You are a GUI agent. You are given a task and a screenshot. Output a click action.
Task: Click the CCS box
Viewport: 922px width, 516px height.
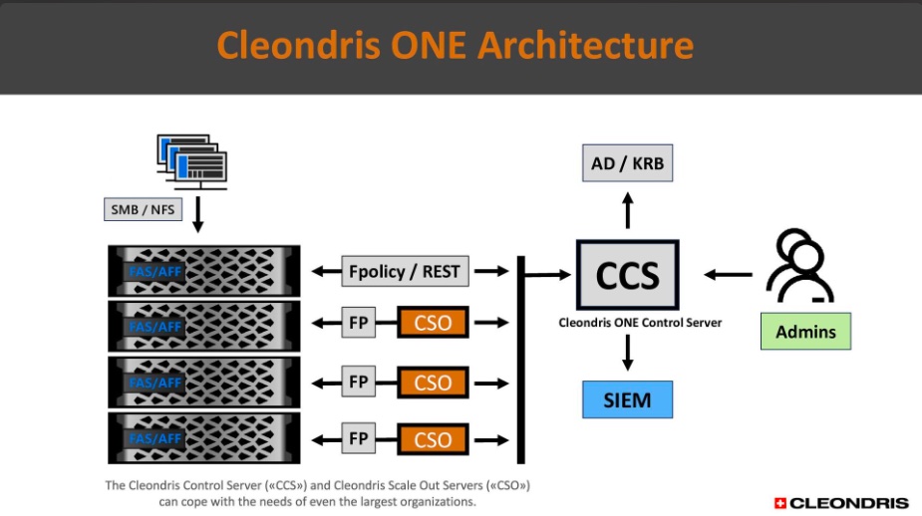(x=627, y=275)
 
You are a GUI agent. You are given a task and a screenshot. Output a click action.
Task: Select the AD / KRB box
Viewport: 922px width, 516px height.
(x=627, y=162)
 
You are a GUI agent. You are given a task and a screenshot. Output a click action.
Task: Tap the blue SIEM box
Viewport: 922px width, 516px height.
(x=627, y=399)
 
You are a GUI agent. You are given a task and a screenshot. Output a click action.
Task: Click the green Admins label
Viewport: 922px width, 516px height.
(x=805, y=332)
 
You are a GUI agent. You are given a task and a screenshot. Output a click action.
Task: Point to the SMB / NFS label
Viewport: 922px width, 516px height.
(x=143, y=209)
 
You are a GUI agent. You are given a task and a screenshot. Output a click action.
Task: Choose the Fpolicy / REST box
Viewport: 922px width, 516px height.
(x=405, y=271)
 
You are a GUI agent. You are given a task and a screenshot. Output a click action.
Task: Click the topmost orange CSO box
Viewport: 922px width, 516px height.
(x=433, y=322)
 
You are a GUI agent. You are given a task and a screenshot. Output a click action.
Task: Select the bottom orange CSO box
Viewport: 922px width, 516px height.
(x=433, y=439)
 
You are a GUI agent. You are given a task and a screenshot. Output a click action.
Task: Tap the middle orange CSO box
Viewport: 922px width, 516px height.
(x=433, y=383)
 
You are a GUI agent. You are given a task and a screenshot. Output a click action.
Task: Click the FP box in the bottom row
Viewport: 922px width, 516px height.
(x=359, y=438)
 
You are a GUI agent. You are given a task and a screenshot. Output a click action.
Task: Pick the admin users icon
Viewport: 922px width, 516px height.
(x=799, y=266)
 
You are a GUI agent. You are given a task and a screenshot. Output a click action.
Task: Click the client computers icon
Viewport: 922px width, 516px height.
(x=192, y=161)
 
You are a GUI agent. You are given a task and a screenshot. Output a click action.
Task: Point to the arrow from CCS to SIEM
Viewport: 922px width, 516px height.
(x=627, y=353)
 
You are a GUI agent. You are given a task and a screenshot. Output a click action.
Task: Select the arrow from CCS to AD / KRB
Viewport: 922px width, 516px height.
(x=627, y=210)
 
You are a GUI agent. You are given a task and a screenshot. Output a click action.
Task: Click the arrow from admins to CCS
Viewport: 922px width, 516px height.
(x=728, y=274)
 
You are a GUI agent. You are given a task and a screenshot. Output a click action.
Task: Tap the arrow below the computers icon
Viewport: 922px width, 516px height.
(x=198, y=214)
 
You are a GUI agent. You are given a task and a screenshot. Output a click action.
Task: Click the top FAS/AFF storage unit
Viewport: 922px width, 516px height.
(x=204, y=271)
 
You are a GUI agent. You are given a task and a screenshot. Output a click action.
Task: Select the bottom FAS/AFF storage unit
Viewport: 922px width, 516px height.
(x=204, y=438)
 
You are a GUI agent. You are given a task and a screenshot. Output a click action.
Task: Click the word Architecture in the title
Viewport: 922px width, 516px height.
(x=586, y=45)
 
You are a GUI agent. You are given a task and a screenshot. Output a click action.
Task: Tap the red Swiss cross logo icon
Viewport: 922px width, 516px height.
(x=780, y=503)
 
